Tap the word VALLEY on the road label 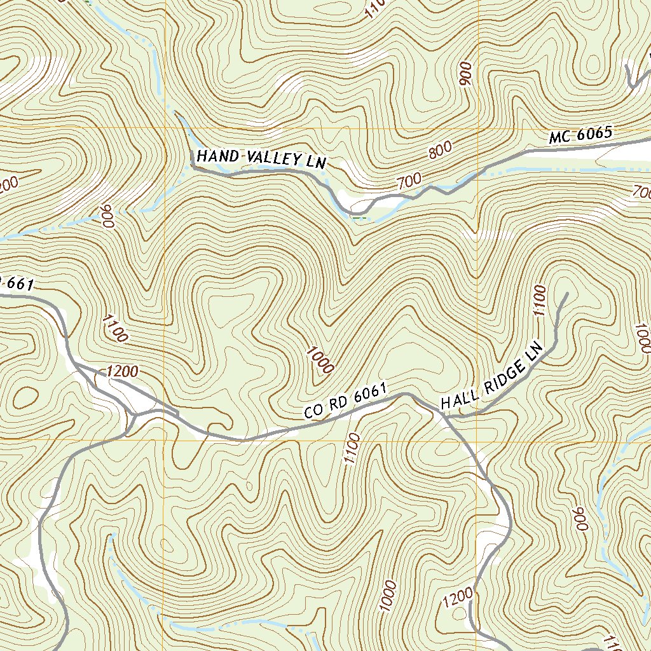265,159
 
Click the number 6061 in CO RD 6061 370,396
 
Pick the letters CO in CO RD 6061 313,412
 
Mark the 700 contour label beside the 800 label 409,181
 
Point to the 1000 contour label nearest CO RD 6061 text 320,359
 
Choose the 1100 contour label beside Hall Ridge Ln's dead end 538,301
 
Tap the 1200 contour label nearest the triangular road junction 123,371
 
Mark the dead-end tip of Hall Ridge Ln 565,294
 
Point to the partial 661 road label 16,284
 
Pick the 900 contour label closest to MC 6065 466,75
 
